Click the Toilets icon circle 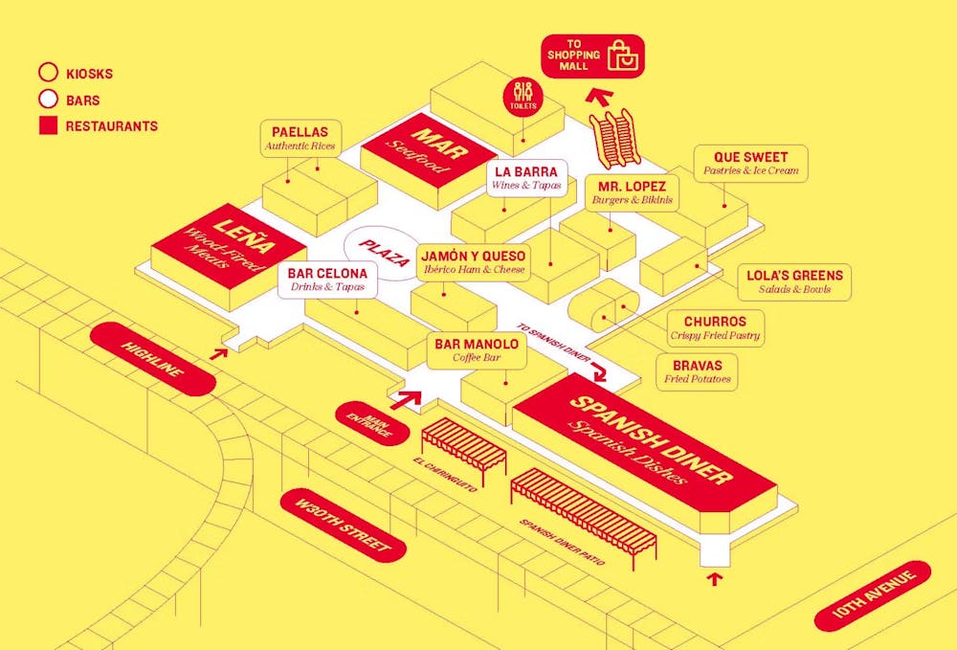pyautogui.click(x=523, y=97)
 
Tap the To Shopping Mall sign pyautogui.click(x=593, y=56)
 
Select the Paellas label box pyautogui.click(x=300, y=138)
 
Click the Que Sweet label pyautogui.click(x=751, y=163)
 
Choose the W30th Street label pyautogui.click(x=343, y=525)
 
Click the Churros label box pyautogui.click(x=716, y=327)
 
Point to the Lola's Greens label pyautogui.click(x=794, y=281)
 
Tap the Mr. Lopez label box pyautogui.click(x=633, y=191)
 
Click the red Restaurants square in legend pyautogui.click(x=48, y=125)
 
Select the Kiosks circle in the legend pyautogui.click(x=48, y=73)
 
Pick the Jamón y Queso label pyautogui.click(x=473, y=261)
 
